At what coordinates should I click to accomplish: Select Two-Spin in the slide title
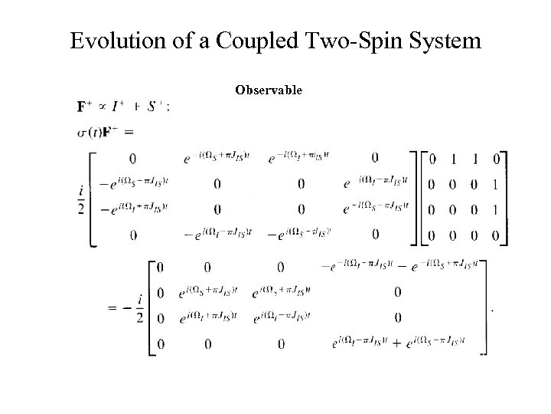tap(333, 40)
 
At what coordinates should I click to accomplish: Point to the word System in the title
tap(443, 40)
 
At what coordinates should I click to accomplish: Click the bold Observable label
tap(269, 90)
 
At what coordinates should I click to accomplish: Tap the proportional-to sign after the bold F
tap(100, 106)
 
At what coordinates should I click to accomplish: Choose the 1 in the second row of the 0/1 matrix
tap(495, 185)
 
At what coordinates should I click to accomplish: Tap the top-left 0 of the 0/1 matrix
tap(433, 159)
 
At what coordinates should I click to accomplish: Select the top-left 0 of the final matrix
tap(159, 267)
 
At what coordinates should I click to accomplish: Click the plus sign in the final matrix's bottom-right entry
tap(396, 344)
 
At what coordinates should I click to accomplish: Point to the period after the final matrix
tap(491, 310)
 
